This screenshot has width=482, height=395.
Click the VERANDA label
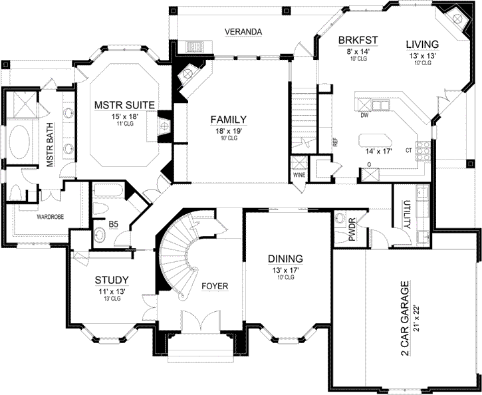tap(243, 31)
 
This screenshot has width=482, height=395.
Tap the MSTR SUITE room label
tap(124, 104)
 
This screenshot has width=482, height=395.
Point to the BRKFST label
tap(358, 40)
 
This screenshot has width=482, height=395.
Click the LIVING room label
tap(422, 44)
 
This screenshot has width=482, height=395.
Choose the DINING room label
tap(286, 258)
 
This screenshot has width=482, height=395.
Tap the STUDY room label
tap(112, 280)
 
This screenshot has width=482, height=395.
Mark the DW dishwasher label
tap(364, 114)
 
